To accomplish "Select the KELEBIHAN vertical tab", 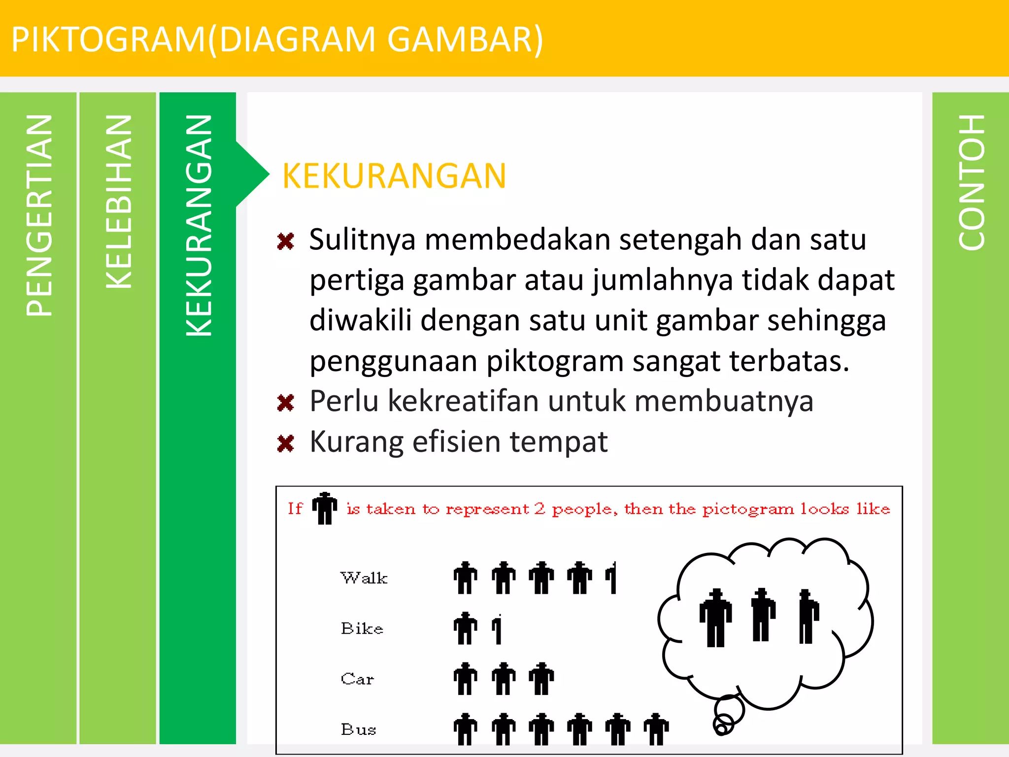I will [118, 202].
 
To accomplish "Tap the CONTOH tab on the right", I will [971, 182].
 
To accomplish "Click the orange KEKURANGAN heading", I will [394, 176].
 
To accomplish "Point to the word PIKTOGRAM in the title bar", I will [108, 39].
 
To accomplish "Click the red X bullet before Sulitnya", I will [286, 241].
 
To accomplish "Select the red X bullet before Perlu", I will [286, 403].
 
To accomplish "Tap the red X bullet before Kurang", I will [286, 443].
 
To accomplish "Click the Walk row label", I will [364, 578].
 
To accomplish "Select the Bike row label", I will [362, 628].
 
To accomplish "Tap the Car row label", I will [357, 679].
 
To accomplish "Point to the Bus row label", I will [358, 729].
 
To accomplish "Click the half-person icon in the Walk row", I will [611, 578].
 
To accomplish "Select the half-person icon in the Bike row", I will [498, 629].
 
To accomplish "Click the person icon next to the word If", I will [325, 508].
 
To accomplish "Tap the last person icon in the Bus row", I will [656, 729].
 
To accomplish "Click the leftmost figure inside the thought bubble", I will [716, 617].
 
